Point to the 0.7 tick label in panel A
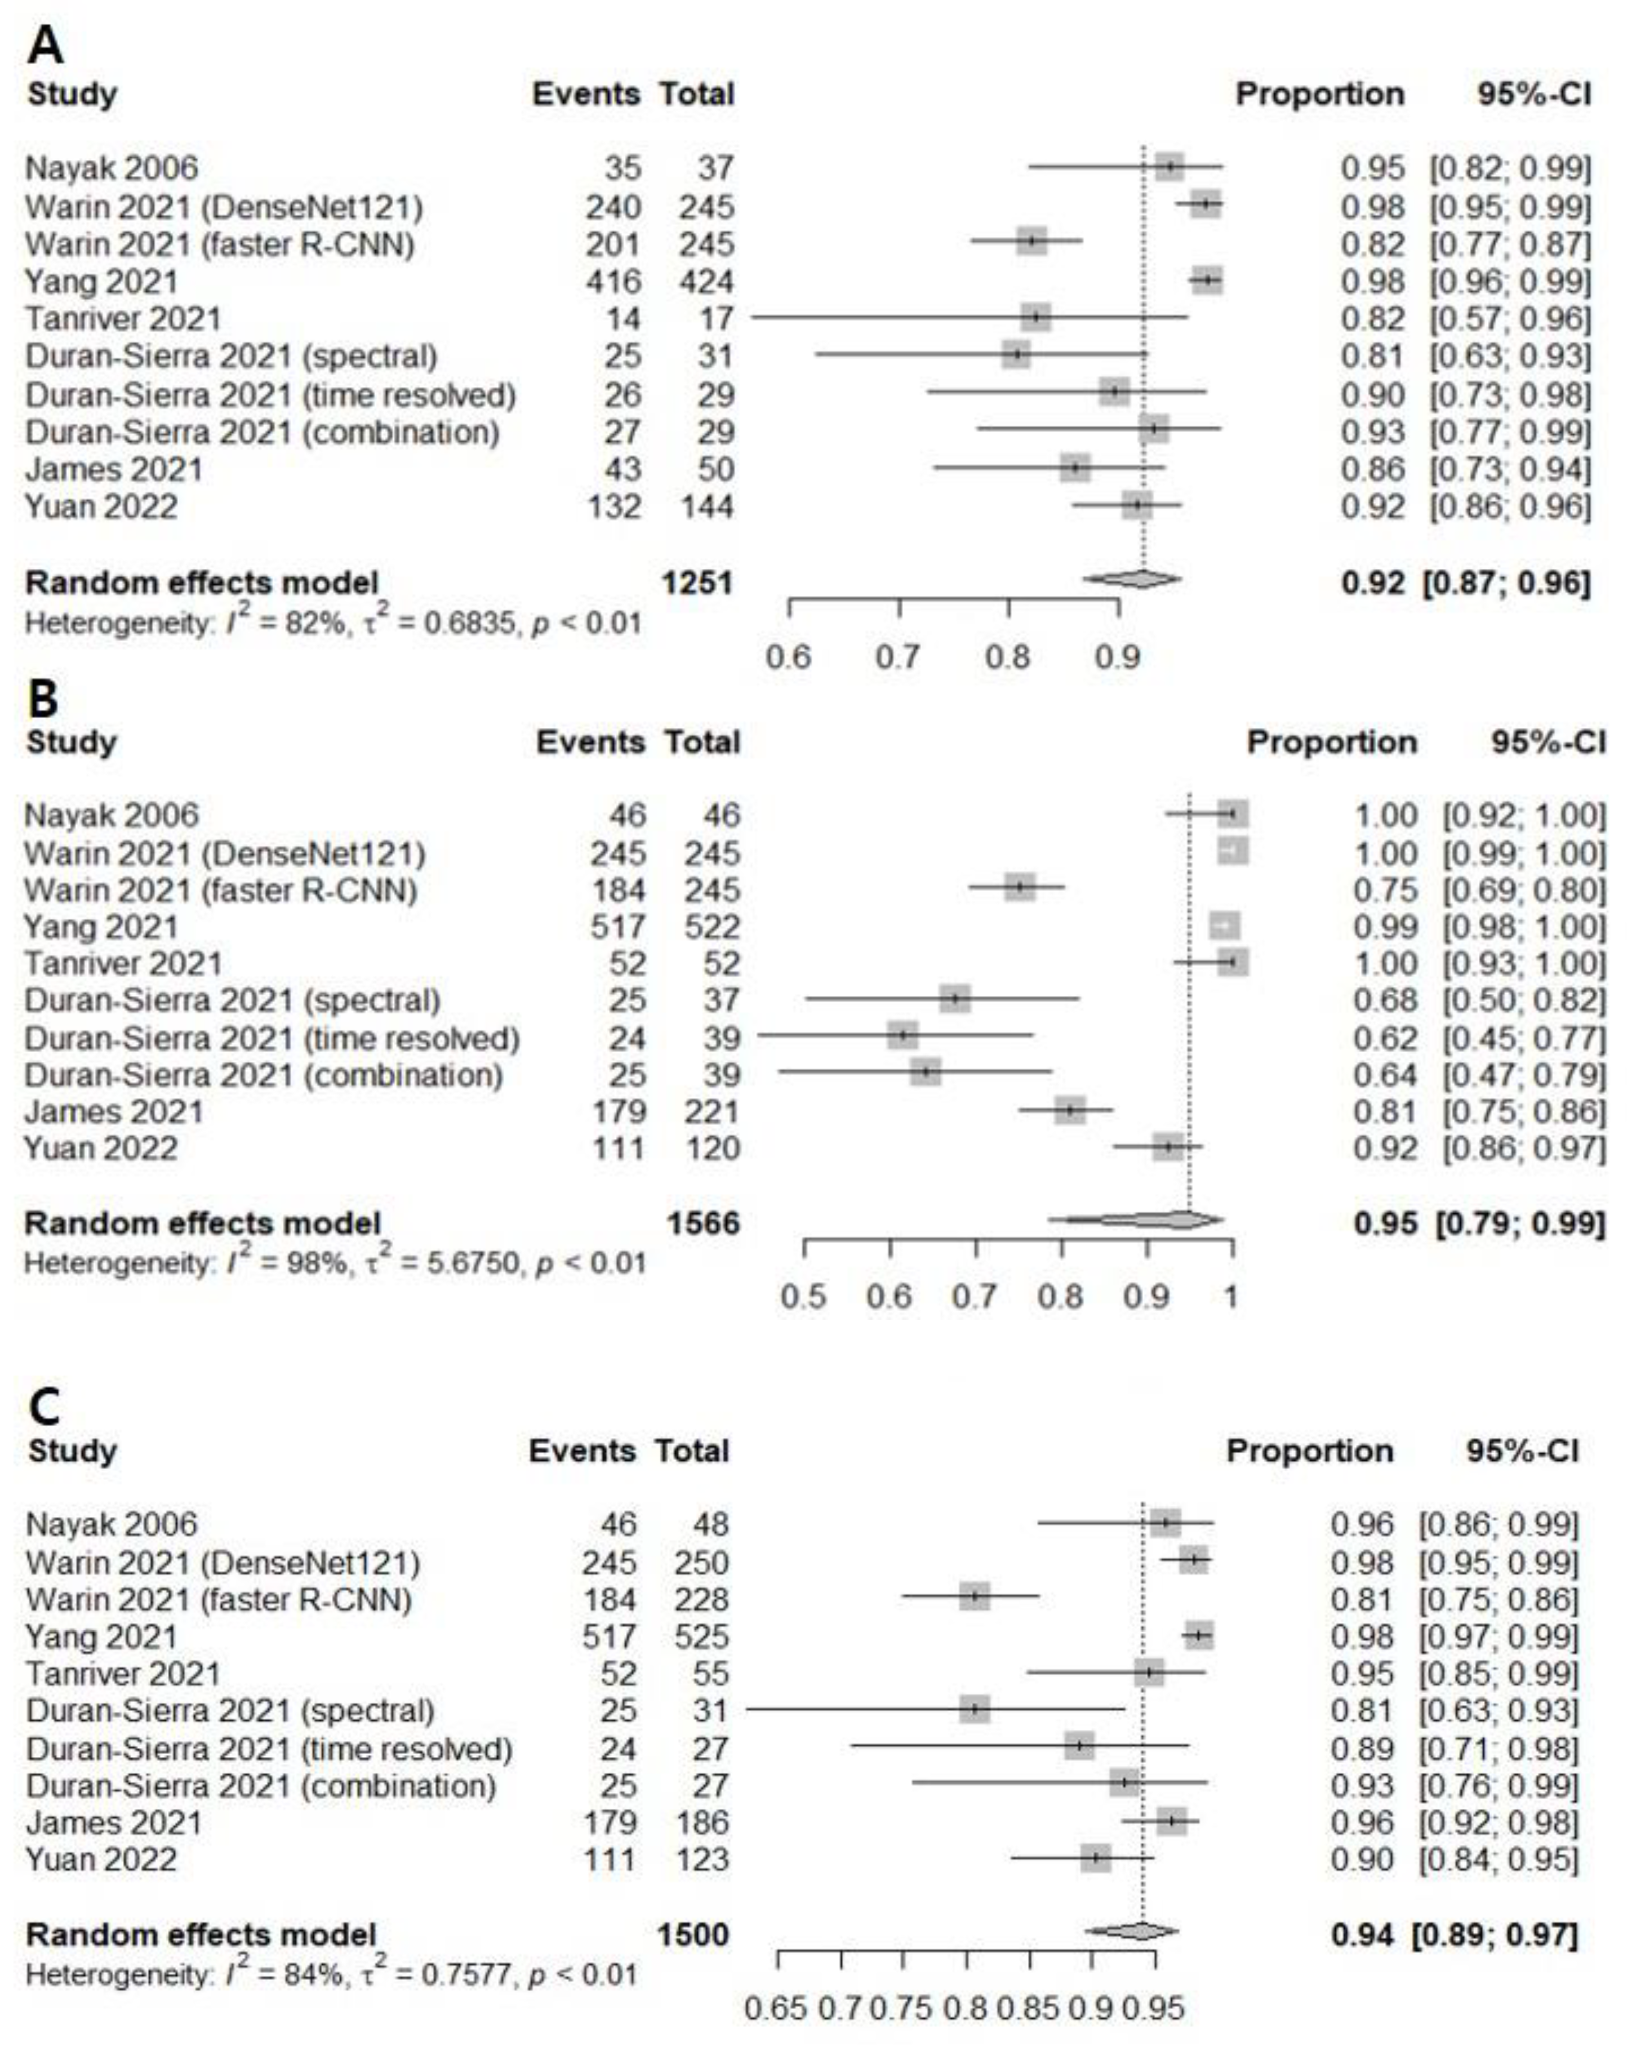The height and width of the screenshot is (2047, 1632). [897, 656]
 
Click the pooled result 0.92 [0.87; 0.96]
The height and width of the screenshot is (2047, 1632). [1465, 582]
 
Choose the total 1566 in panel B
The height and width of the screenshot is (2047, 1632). [702, 1223]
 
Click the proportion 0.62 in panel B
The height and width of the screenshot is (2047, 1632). [1385, 1038]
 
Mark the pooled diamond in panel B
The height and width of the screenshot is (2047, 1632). [1139, 1220]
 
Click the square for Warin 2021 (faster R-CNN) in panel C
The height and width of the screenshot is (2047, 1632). [974, 1596]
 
